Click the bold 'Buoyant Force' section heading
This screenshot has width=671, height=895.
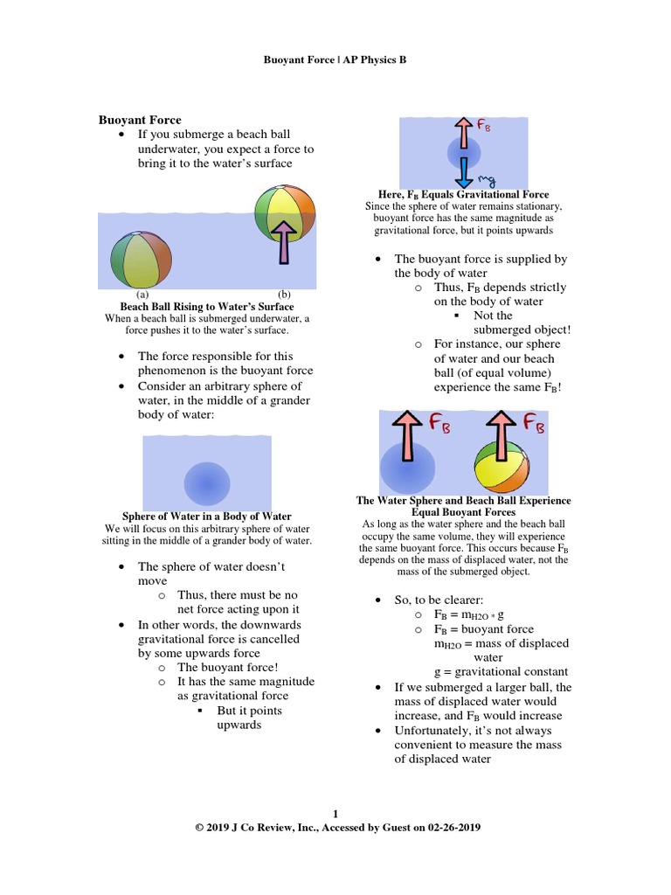140,120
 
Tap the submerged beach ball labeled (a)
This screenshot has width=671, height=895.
141,260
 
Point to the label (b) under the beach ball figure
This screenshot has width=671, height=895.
283,295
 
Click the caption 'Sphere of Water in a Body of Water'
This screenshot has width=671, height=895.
206,517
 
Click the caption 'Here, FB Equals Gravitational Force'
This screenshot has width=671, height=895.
463,194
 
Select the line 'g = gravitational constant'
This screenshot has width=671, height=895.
501,672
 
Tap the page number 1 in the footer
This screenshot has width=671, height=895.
335,813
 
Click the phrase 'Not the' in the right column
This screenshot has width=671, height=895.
493,316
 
